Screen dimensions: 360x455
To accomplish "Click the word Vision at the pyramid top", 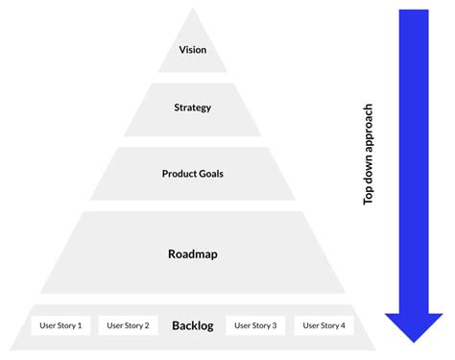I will pyautogui.click(x=193, y=50).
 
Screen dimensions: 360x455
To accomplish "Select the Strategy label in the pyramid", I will pyautogui.click(x=193, y=108).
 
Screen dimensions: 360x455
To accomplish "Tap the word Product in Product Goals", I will pyautogui.click(x=180, y=174).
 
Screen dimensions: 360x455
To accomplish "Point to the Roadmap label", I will pyautogui.click(x=193, y=254).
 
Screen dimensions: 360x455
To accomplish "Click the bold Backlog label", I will pyautogui.click(x=192, y=325).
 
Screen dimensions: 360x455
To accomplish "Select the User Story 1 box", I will pyautogui.click(x=60, y=325).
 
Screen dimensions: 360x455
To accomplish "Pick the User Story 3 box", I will pyautogui.click(x=255, y=325).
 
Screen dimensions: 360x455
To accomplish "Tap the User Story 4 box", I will pyautogui.click(x=323, y=325).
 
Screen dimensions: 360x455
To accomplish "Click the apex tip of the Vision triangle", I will pyautogui.click(x=193, y=10).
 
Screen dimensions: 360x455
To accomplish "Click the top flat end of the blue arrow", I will pyautogui.click(x=413, y=12).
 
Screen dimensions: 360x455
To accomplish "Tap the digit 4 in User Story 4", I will pyautogui.click(x=343, y=325).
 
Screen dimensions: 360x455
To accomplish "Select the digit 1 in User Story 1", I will pyautogui.click(x=79, y=325).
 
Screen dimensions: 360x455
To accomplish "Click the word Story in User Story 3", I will pyautogui.click(x=259, y=325).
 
